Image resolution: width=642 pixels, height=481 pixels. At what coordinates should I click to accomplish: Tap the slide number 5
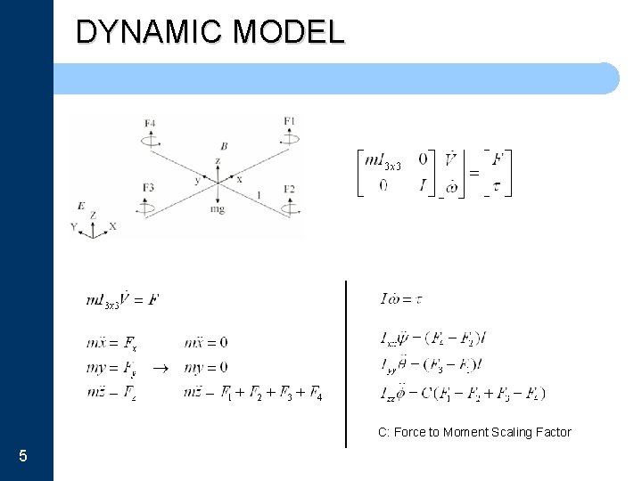(x=22, y=456)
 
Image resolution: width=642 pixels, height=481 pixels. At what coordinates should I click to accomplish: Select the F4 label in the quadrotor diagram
(x=149, y=122)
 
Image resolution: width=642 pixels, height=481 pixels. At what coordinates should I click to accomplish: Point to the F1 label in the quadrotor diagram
(x=290, y=120)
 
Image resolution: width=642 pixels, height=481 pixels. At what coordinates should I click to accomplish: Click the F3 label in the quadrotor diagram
(x=148, y=187)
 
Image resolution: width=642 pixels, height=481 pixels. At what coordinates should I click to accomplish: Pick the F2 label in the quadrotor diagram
(x=290, y=188)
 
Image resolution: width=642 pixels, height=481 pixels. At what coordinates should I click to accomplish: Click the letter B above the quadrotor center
(x=223, y=145)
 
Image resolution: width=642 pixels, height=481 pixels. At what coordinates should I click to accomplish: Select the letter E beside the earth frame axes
(x=81, y=207)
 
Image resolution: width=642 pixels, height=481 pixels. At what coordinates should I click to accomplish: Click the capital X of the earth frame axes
(x=113, y=227)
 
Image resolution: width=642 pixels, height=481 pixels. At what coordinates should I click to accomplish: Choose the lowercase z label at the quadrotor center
(x=217, y=161)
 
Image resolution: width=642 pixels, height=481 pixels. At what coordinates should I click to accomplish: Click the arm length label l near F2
(x=259, y=192)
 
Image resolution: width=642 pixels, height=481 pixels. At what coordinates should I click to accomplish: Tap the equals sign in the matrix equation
(x=474, y=172)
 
